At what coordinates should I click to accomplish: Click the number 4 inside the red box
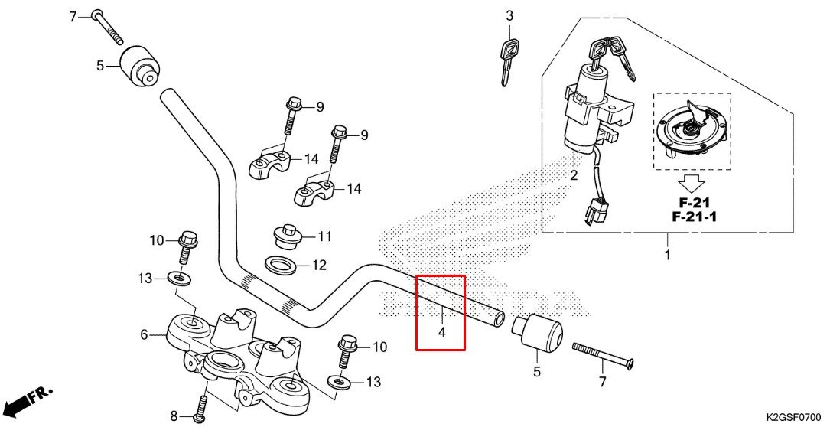[441, 333]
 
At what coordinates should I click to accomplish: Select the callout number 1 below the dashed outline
[666, 255]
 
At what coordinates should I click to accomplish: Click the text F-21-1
[699, 217]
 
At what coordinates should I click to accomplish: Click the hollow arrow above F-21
[692, 184]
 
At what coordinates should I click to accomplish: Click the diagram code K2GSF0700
[795, 417]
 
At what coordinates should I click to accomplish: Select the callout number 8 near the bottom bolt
[174, 416]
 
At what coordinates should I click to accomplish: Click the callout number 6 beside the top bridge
[143, 334]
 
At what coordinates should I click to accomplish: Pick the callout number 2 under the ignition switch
[574, 175]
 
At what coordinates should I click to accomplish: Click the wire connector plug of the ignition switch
[594, 211]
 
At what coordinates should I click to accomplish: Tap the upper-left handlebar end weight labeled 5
[143, 67]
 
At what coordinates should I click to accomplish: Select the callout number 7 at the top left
[73, 16]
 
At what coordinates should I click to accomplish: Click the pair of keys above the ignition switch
[611, 54]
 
